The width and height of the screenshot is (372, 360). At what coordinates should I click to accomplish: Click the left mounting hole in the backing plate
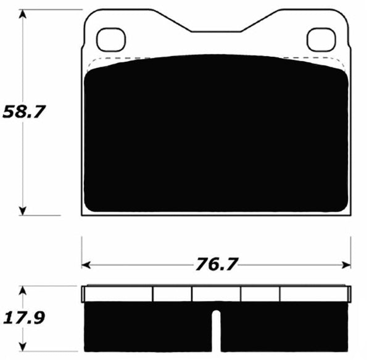[110, 40]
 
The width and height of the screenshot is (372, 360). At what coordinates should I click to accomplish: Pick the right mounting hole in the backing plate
[320, 40]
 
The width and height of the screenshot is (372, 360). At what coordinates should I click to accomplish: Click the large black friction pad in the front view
[216, 136]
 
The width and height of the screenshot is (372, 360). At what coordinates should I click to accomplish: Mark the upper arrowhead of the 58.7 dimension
[23, 15]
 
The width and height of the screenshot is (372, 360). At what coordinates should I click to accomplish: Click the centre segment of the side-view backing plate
[216, 294]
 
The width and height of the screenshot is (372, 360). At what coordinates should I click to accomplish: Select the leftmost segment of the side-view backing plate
[118, 294]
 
